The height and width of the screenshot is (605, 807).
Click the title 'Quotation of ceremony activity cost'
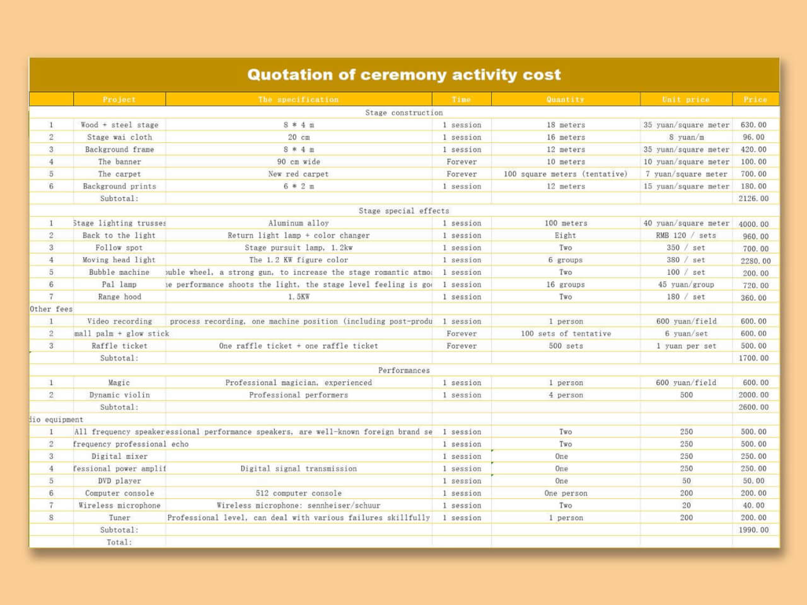(x=403, y=75)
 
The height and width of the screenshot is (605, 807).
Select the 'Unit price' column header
(x=685, y=100)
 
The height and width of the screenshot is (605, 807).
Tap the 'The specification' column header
(x=298, y=100)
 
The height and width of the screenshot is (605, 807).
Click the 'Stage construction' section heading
(x=404, y=113)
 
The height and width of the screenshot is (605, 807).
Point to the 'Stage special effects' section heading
(x=404, y=211)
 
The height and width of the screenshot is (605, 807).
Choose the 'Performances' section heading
(x=404, y=371)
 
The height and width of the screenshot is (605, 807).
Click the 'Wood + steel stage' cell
(x=119, y=125)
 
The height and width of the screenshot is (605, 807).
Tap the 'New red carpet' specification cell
(x=298, y=174)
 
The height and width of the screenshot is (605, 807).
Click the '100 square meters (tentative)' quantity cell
(x=566, y=174)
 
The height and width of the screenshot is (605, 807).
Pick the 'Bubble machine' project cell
(x=119, y=272)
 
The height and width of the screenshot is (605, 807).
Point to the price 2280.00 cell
(x=755, y=261)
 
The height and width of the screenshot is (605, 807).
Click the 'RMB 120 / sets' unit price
(x=686, y=236)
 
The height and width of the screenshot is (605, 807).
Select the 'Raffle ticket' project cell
(x=119, y=346)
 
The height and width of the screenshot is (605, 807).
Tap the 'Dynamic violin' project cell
(x=119, y=395)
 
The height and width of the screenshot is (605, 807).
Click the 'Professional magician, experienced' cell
(x=298, y=383)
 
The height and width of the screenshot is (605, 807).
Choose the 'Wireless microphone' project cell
(x=119, y=505)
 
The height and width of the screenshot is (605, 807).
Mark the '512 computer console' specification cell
(x=298, y=493)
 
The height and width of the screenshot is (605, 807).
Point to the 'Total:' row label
(x=119, y=542)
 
